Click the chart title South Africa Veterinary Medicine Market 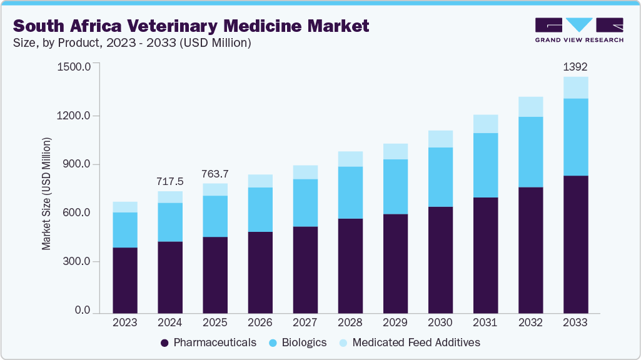pos(191,26)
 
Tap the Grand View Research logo pos(578,30)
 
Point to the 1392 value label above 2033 pos(575,67)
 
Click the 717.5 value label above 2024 pos(170,181)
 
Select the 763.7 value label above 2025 pos(215,173)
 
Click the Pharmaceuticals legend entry pos(208,342)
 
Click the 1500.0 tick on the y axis pos(74,66)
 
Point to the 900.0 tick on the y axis pos(76,164)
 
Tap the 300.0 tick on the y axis pos(76,261)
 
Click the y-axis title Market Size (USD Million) pos(46,193)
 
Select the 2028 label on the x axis pos(350,322)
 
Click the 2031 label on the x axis pos(485,322)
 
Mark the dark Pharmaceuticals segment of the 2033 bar pos(575,244)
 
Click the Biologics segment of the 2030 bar pos(440,177)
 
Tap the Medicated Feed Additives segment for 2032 pos(530,107)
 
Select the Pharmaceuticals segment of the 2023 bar pos(125,279)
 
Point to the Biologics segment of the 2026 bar pos(260,209)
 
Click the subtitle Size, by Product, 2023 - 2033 pos(132,43)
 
